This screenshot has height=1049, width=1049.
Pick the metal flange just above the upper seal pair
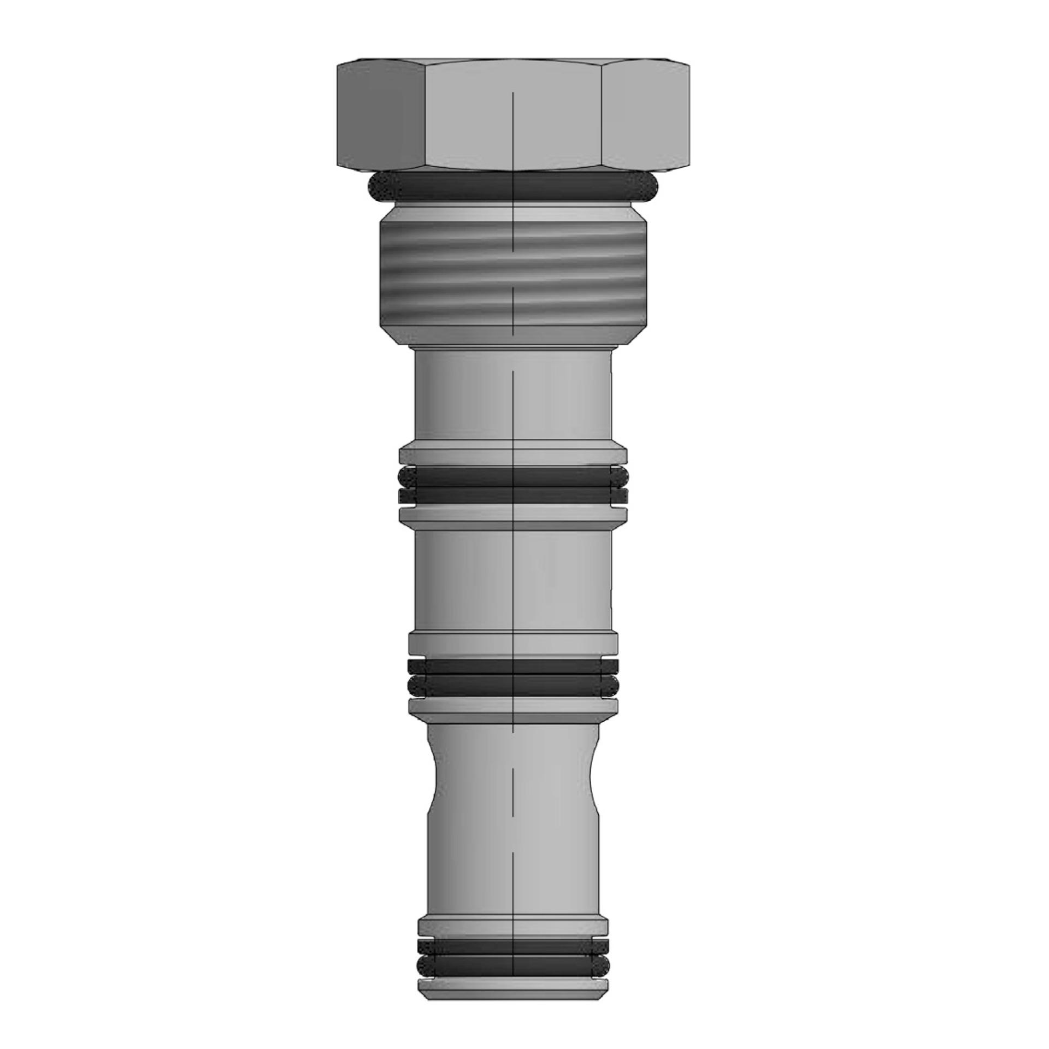coord(514,455)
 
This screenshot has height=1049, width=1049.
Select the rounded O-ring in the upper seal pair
coord(514,476)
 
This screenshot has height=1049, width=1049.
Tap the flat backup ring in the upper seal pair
coord(514,495)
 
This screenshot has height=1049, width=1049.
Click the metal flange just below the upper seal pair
coord(514,516)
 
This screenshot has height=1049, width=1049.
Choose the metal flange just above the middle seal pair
coord(514,642)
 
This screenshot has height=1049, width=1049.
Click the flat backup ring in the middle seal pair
coord(514,665)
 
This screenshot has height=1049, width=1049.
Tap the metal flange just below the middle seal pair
coord(514,709)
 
